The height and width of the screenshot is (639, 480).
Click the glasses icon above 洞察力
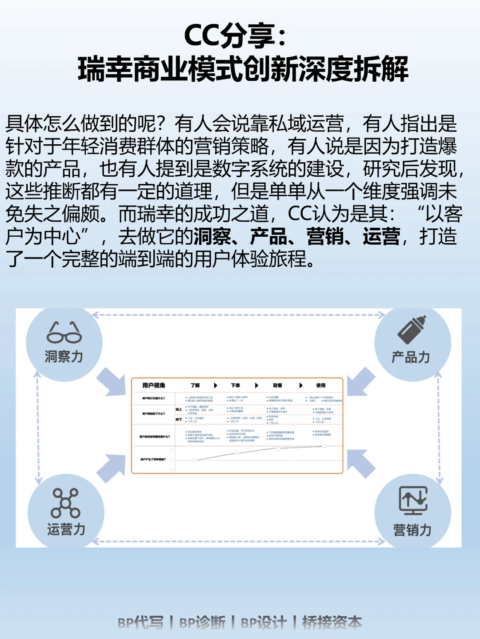(64, 333)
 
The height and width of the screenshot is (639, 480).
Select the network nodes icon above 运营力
(65, 503)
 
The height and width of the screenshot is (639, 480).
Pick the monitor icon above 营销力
(413, 500)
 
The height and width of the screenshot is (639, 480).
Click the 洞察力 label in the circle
(64, 357)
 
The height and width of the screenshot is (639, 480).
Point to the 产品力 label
(411, 357)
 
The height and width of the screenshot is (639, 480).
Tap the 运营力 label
(66, 529)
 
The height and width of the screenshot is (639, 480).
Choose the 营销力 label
(412, 530)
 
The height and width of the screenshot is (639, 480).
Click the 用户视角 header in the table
(154, 385)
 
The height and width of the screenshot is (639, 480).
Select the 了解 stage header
(195, 385)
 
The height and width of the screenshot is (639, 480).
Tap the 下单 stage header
(236, 385)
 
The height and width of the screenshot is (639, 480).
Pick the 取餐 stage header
(278, 385)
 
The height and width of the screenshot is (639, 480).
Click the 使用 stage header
(321, 385)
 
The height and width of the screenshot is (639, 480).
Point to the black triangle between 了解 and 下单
(216, 385)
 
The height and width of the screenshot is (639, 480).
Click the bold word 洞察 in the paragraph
(212, 236)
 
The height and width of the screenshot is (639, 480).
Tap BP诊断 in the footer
(202, 623)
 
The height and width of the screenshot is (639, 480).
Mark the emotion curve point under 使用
(324, 446)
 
